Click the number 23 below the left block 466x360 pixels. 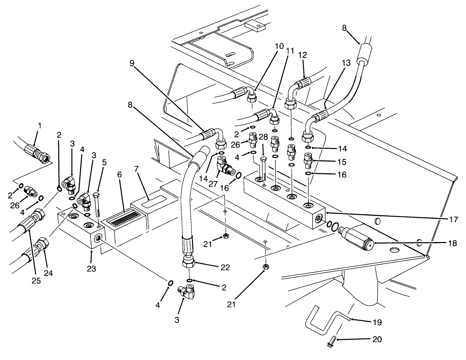[91, 269]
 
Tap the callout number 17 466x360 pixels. [453, 220]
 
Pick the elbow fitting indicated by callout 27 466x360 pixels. [224, 167]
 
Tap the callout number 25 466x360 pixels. [36, 281]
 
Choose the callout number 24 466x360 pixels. [49, 273]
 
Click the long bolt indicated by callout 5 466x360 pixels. [97, 206]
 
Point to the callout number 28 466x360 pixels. [263, 137]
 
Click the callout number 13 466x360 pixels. [346, 63]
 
